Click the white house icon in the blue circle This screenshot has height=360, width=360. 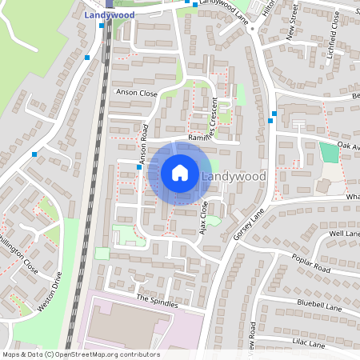pyautogui.click(x=180, y=173)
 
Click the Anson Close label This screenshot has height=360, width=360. pyautogui.click(x=137, y=93)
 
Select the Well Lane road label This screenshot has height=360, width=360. pyautogui.click(x=345, y=233)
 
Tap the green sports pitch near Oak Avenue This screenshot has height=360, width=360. pyautogui.click(x=328, y=152)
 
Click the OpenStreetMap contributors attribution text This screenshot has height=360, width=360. pyautogui.click(x=81, y=354)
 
